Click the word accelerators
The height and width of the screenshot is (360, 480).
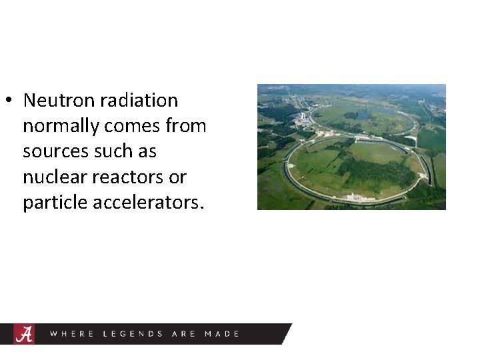tap(148, 203)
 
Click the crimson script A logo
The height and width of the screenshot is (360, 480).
tap(24, 334)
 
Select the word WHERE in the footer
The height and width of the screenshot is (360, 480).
tap(71, 334)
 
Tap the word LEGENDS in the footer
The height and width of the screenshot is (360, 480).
tap(133, 334)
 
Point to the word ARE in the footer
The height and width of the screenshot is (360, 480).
tap(183, 334)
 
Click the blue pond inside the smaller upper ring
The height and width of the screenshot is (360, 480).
tap(363, 115)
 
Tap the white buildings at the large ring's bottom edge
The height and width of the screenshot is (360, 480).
tap(353, 197)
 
